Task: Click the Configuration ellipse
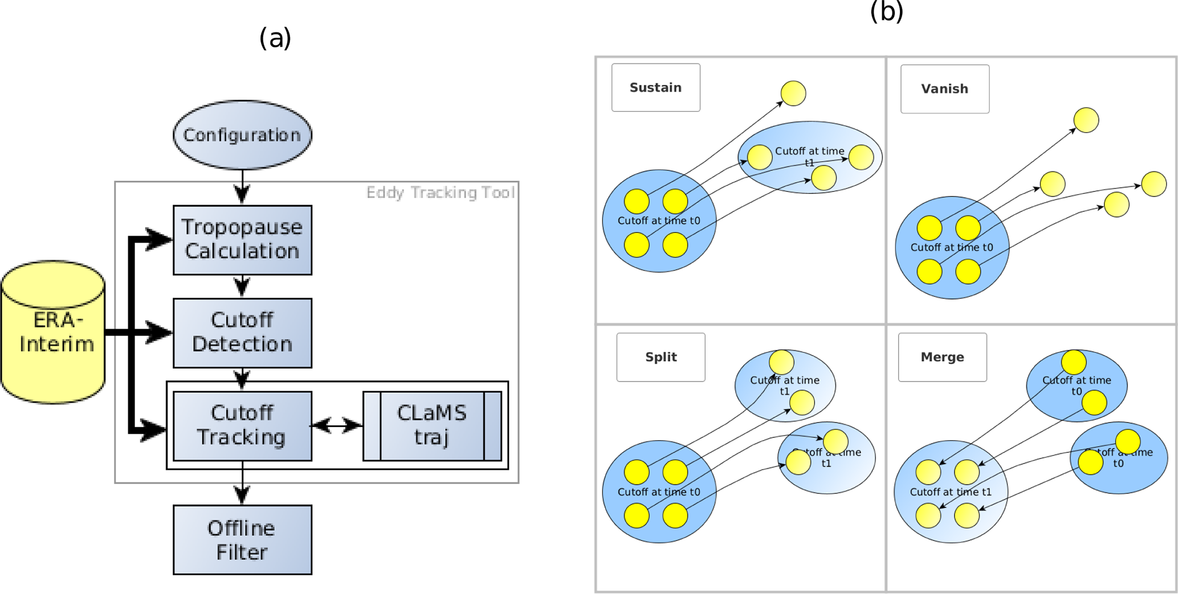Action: [x=242, y=135]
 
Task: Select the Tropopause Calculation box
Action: [x=242, y=240]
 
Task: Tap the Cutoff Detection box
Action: [x=242, y=333]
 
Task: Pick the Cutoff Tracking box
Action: [x=242, y=425]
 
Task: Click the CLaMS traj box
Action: [x=432, y=425]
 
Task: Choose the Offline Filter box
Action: [x=242, y=539]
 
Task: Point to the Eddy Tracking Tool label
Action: [x=440, y=192]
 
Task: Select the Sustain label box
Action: [x=655, y=88]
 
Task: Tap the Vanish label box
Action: [x=944, y=89]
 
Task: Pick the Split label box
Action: [x=661, y=357]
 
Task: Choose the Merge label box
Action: [x=942, y=357]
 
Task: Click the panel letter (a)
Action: [x=275, y=38]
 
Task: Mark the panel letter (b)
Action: [x=886, y=11]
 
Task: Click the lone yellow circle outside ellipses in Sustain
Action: [x=793, y=93]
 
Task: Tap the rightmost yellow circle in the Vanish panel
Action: [x=1154, y=184]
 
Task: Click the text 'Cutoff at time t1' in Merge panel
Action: [x=950, y=492]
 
